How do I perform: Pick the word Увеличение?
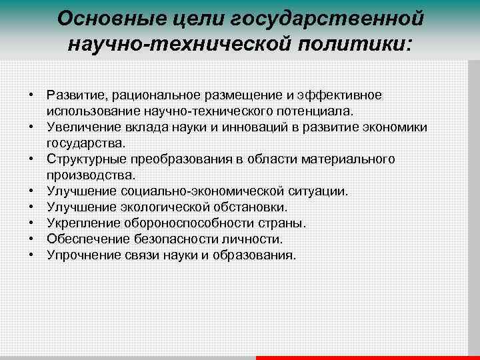coord(80,127)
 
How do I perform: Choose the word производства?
coord(90,175)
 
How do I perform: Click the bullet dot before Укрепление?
coord(32,223)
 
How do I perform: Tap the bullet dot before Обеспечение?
coord(32,239)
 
